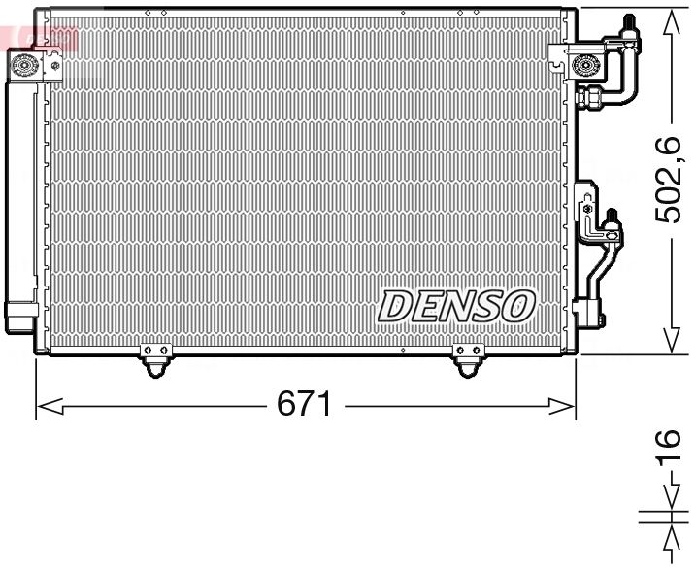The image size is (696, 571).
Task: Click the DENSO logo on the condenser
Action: tap(456, 305)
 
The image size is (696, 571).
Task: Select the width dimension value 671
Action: tap(305, 403)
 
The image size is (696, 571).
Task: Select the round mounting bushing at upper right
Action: tap(585, 66)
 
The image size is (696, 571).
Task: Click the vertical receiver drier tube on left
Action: tap(19, 194)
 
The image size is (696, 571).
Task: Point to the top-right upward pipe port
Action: tap(629, 26)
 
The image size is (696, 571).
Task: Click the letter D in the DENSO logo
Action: tap(395, 306)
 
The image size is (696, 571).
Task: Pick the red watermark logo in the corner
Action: tap(39, 39)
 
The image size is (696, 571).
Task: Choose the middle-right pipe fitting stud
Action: tap(612, 218)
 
